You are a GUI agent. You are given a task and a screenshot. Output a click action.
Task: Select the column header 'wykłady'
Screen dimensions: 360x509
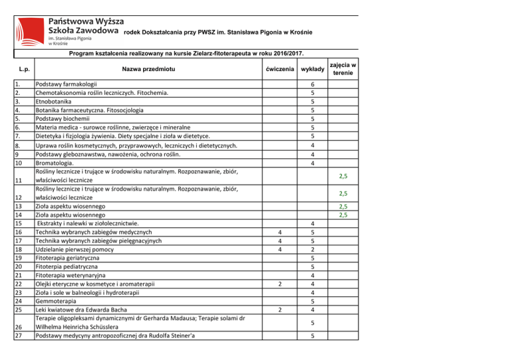point(312,69)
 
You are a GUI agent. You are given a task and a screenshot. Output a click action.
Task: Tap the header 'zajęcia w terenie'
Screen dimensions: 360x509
point(343,69)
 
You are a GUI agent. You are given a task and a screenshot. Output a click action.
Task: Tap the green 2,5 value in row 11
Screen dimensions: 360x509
point(343,176)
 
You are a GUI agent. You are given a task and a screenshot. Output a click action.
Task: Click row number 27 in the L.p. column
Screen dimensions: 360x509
point(18,336)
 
